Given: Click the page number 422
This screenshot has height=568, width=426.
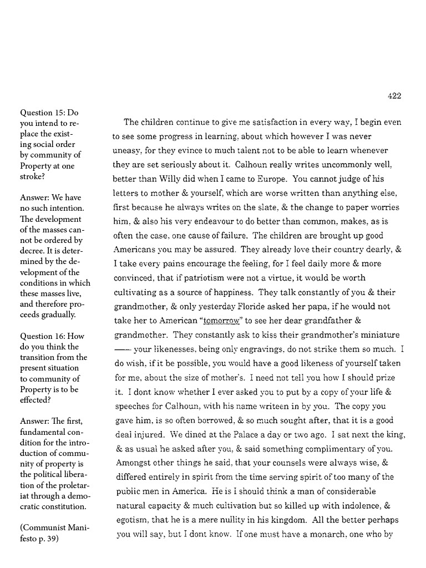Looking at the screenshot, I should click(x=394, y=96).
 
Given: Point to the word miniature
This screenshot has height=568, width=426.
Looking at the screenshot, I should click(x=379, y=336).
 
